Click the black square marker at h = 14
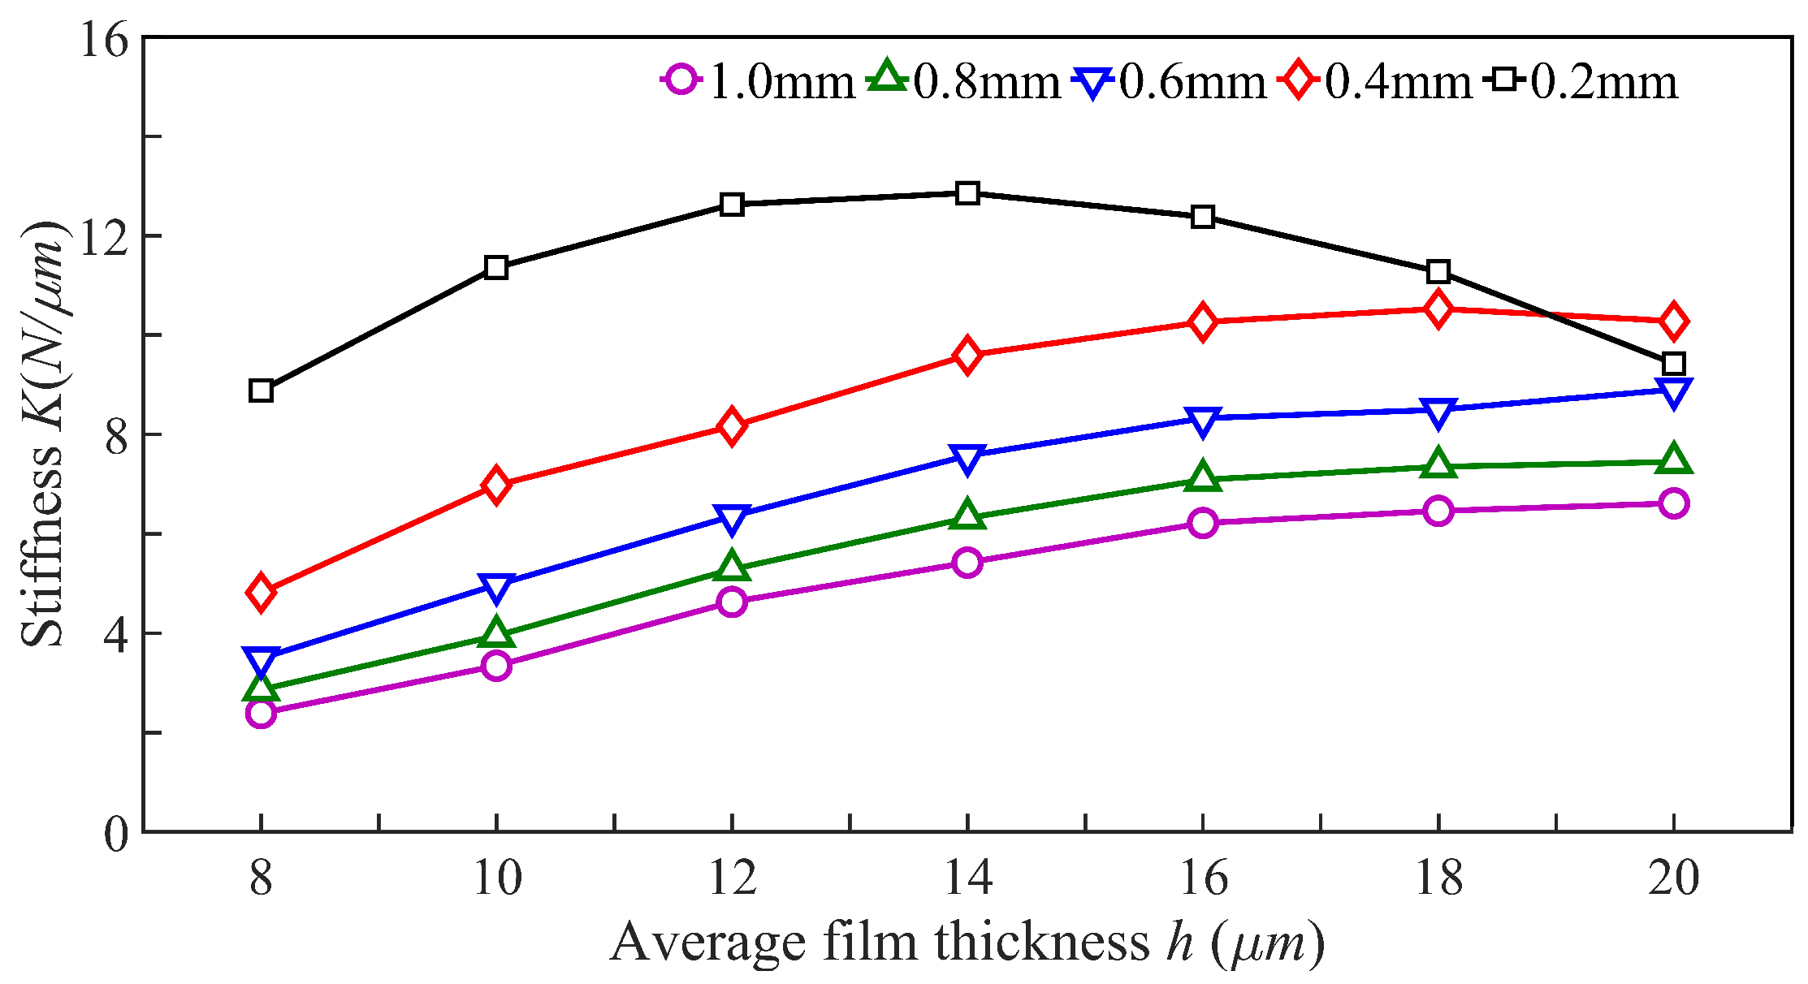[967, 193]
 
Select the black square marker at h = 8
[261, 391]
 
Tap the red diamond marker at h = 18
[1438, 309]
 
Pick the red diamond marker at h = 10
[495, 486]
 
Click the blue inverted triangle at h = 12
[732, 519]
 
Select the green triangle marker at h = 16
[1202, 477]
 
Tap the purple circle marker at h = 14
[967, 562]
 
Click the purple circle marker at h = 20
[1673, 503]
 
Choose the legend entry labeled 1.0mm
[759, 82]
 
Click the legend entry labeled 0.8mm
[965, 82]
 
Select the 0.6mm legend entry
[1170, 82]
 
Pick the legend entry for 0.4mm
[1376, 82]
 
